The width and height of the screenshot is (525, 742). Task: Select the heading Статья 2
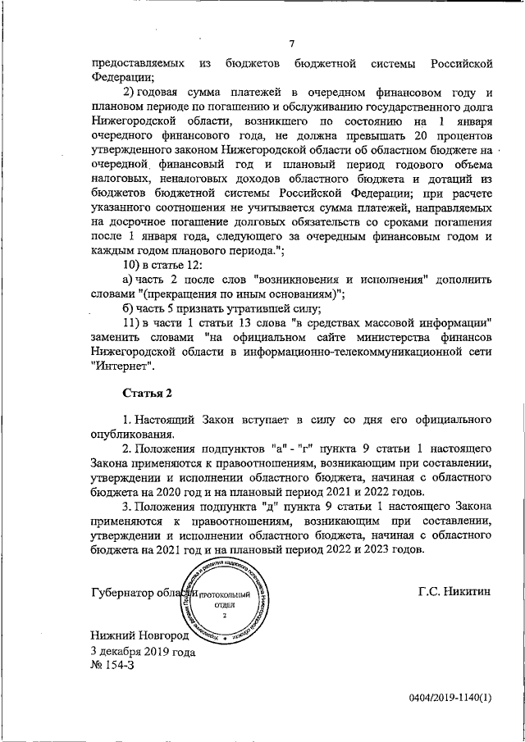[149, 395]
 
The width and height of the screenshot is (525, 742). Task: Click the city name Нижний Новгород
[139, 635]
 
